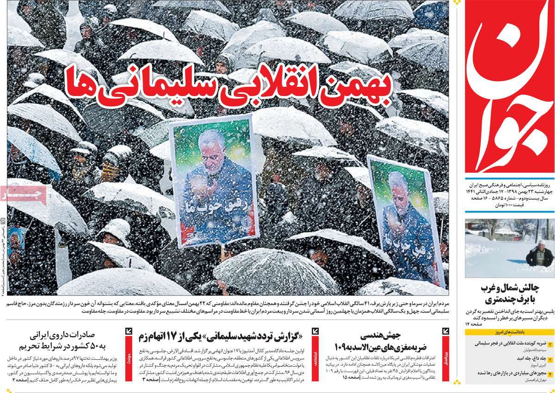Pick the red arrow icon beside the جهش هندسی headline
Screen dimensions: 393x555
[445, 331]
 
